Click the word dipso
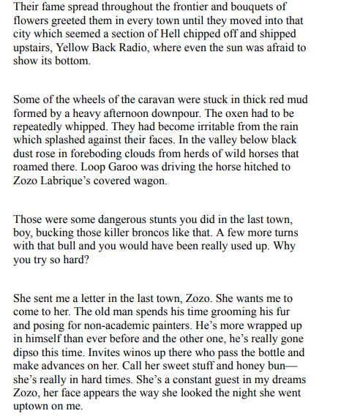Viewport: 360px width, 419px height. (x=29, y=352)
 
